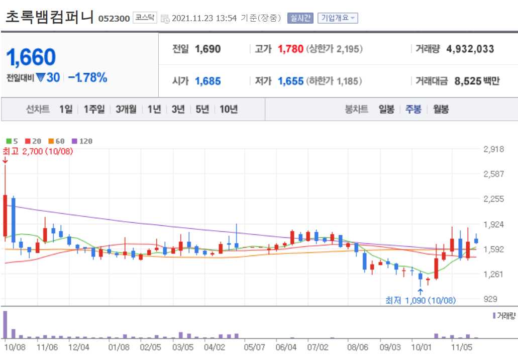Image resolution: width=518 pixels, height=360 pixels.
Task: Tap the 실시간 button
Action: click(300, 18)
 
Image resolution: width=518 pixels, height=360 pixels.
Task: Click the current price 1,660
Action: click(31, 58)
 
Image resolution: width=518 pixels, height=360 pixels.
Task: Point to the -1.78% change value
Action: click(87, 77)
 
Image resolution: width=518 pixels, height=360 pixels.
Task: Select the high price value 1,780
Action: click(290, 49)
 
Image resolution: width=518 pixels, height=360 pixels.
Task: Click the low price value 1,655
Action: click(290, 81)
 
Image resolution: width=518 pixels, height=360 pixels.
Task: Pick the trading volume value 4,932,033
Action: click(470, 49)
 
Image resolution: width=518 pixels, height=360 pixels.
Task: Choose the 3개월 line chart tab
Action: click(126, 109)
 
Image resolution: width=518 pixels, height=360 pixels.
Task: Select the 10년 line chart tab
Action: click(229, 109)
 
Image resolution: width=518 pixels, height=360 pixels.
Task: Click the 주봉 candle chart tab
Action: click(413, 109)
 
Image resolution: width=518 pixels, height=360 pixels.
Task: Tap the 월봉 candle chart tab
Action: click(441, 109)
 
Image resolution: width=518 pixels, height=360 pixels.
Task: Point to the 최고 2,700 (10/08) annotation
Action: click(38, 151)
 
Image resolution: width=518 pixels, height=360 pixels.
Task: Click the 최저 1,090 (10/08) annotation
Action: click(420, 300)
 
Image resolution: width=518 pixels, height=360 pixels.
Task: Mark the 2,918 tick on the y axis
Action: click(493, 149)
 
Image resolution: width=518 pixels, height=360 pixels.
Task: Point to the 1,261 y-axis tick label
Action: click(493, 274)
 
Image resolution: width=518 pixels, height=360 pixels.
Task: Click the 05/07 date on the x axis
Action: click(254, 346)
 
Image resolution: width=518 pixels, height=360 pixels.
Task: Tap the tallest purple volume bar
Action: click(6, 325)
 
